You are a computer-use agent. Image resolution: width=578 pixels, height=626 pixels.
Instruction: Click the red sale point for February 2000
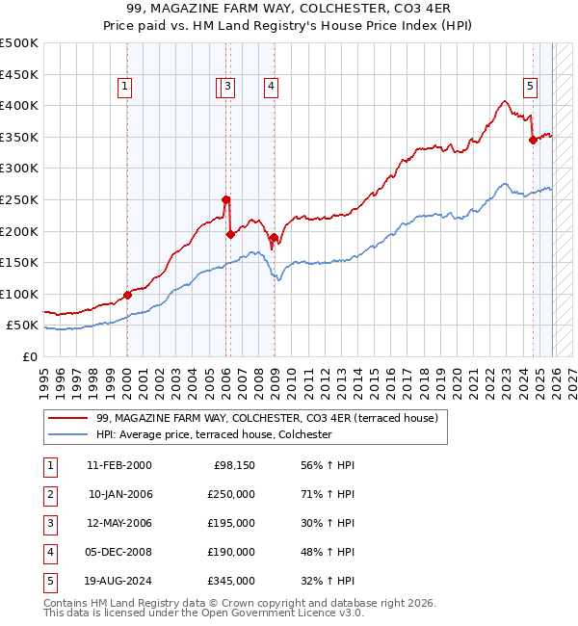(127, 296)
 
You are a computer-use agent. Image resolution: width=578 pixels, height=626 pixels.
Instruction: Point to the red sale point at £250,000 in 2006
(225, 200)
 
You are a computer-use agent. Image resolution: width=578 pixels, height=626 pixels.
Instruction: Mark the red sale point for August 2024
(533, 141)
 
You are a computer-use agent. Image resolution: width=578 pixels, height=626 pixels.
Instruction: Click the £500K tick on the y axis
(19, 43)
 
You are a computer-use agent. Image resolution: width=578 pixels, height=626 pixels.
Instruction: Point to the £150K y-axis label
(19, 262)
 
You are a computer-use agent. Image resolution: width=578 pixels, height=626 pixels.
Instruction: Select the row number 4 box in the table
(49, 552)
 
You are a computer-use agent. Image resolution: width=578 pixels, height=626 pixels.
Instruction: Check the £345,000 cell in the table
(231, 581)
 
